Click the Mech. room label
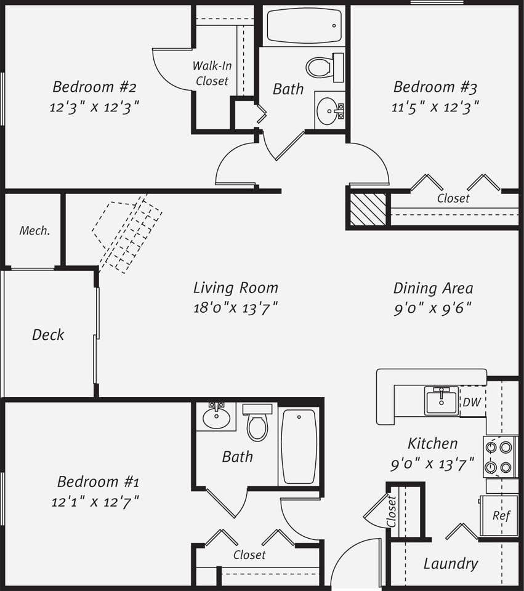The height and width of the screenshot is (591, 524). click(34, 231)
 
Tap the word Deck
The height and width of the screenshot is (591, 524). click(48, 335)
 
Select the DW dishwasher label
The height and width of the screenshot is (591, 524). click(472, 403)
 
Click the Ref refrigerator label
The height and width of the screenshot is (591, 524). click(501, 516)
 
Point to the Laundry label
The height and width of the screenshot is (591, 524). click(451, 563)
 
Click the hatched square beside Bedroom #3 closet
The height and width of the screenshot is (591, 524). click(368, 209)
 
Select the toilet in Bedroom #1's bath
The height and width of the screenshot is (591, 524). click(257, 425)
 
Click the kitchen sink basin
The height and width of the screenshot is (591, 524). click(441, 403)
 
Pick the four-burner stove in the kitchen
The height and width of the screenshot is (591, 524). click(499, 457)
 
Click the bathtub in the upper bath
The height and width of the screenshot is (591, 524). click(304, 26)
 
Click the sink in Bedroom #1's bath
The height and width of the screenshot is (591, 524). click(216, 418)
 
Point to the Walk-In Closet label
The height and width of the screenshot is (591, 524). click(212, 73)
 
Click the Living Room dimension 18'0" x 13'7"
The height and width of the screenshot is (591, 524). click(235, 307)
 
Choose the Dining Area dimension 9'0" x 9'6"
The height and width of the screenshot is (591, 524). click(433, 308)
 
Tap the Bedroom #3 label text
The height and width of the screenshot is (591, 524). click(435, 87)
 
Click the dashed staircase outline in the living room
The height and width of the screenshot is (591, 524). click(127, 234)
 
